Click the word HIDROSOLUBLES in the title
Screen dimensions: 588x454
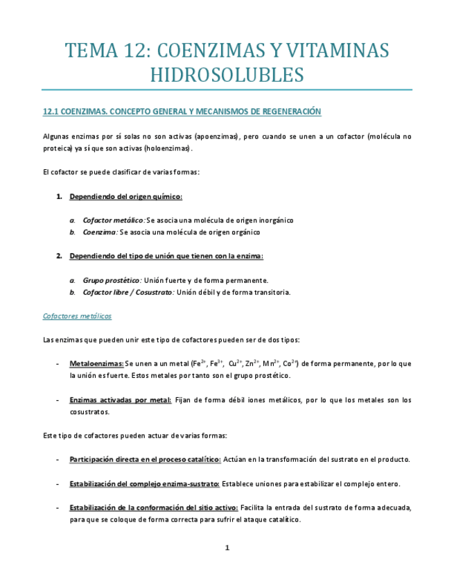pos(227,75)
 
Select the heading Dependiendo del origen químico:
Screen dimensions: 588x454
pos(125,197)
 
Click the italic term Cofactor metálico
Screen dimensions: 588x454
pos(113,220)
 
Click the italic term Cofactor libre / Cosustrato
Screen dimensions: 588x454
pos(128,292)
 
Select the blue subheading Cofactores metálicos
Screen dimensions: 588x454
pos(77,316)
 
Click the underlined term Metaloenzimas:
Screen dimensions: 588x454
pos(96,363)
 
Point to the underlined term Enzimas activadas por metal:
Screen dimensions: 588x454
pos(120,399)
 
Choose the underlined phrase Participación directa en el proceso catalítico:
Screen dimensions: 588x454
pos(145,459)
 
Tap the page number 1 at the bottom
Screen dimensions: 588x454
pos(227,548)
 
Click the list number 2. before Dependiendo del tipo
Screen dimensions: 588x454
pos(59,256)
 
